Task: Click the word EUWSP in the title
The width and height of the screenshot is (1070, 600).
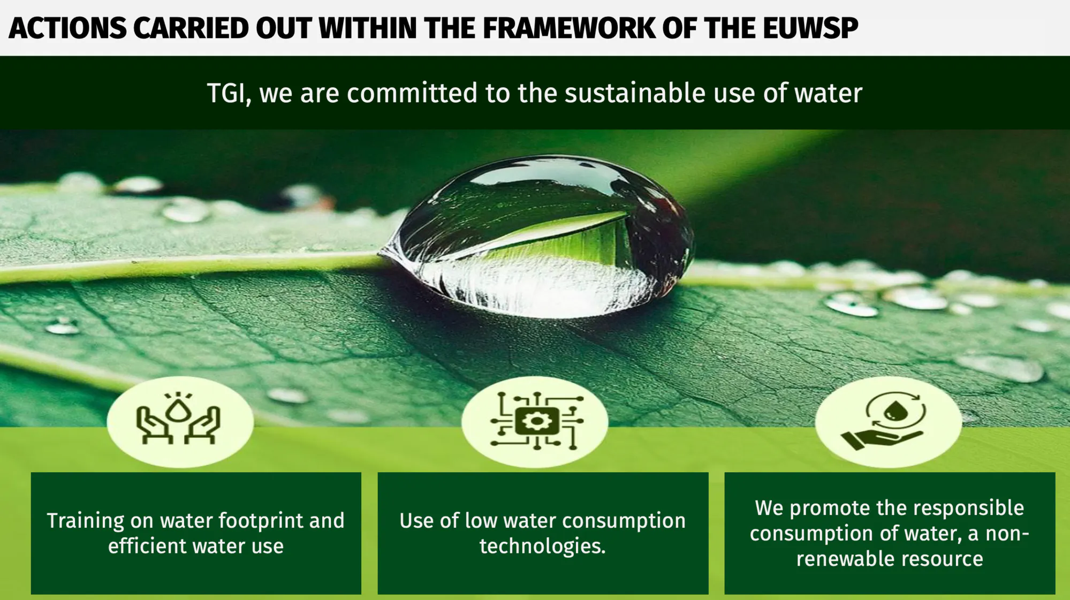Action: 810,28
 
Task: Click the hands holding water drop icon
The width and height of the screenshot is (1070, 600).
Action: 178,418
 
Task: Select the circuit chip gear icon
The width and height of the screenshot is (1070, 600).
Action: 536,421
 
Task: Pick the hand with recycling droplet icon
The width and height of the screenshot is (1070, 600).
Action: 884,420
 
